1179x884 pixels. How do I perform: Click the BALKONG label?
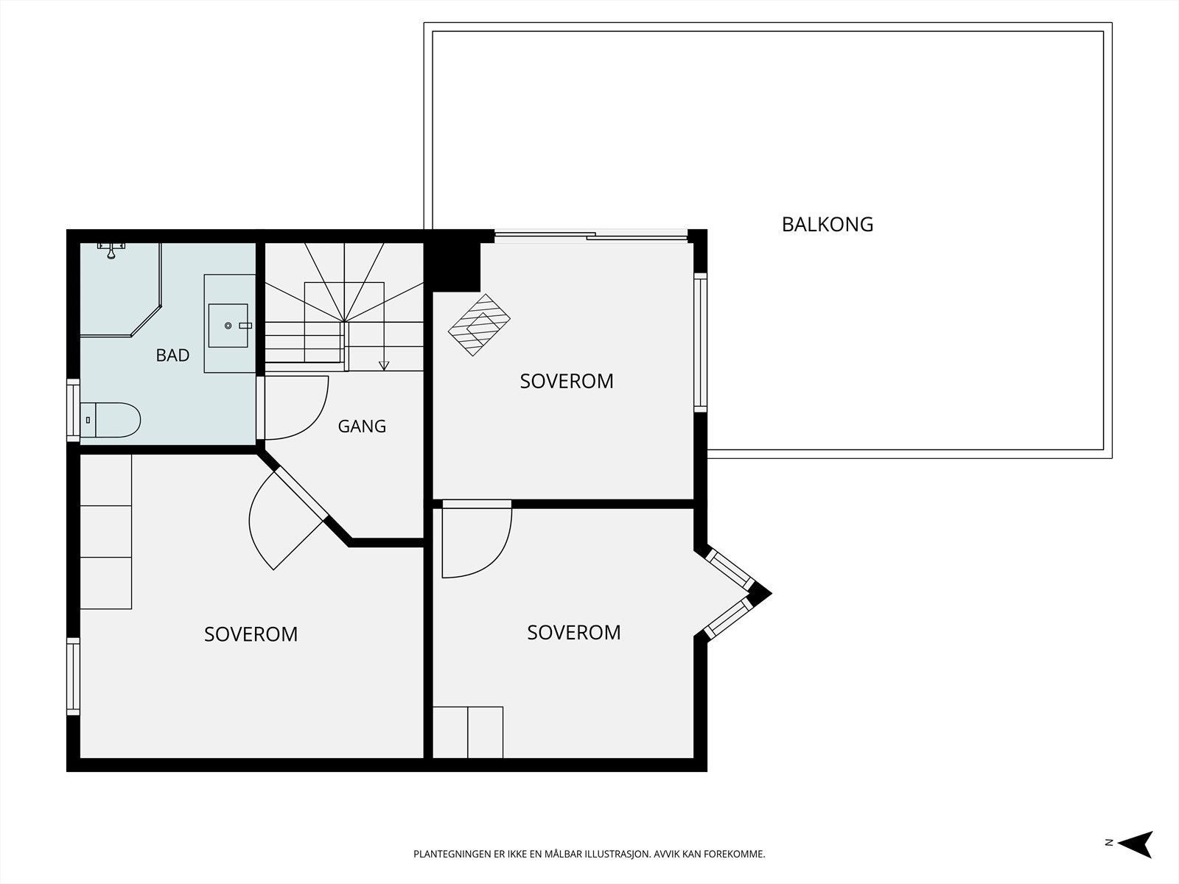point(828,225)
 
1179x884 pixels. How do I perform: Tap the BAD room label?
point(172,355)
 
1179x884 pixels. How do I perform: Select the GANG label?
point(362,426)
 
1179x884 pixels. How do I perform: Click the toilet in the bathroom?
point(110,420)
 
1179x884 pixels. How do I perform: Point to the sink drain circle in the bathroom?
point(228,326)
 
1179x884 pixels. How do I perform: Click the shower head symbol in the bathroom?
point(111,250)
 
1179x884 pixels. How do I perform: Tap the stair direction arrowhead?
point(383,365)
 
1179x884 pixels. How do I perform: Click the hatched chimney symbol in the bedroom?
point(478,325)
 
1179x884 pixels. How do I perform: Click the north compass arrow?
point(1136,844)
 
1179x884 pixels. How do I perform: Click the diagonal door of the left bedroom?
point(300,495)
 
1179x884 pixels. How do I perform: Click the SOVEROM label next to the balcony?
point(567,381)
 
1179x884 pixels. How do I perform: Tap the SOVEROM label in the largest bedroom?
point(251,634)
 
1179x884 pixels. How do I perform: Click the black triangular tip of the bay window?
point(762,593)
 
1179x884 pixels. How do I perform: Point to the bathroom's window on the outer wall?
point(73,410)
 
